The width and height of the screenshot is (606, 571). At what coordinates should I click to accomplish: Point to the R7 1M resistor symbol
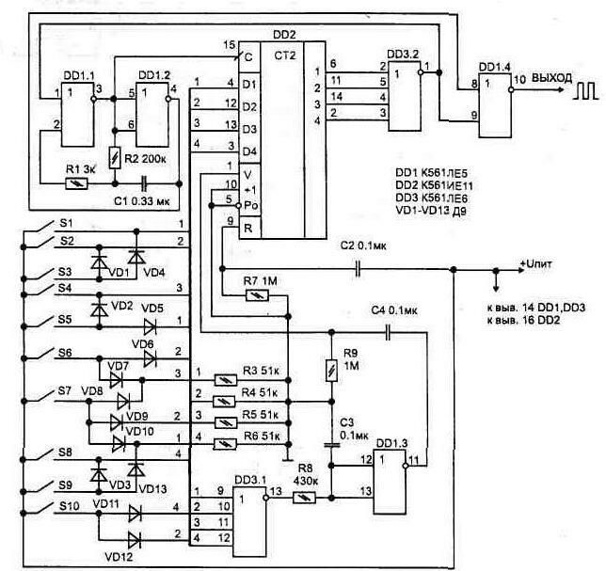coord(251,295)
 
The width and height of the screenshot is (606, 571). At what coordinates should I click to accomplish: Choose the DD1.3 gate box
coord(389,479)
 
